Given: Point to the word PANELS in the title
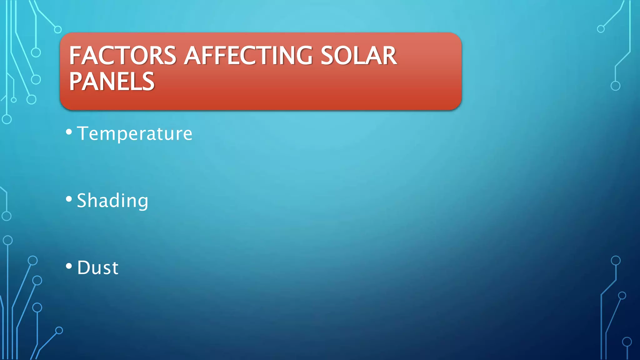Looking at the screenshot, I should (112, 82).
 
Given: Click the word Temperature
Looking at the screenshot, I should (135, 134).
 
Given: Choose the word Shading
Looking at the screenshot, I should (112, 201).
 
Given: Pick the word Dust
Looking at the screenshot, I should (98, 268).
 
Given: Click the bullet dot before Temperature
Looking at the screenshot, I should (69, 132).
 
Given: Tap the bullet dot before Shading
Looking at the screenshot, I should (69, 199).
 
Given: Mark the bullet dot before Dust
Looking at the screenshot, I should (69, 266).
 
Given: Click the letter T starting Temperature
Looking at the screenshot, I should (83, 133).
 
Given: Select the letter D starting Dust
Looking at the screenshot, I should (84, 268).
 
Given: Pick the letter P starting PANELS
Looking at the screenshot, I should (76, 82).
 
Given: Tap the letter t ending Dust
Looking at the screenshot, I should (115, 268).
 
